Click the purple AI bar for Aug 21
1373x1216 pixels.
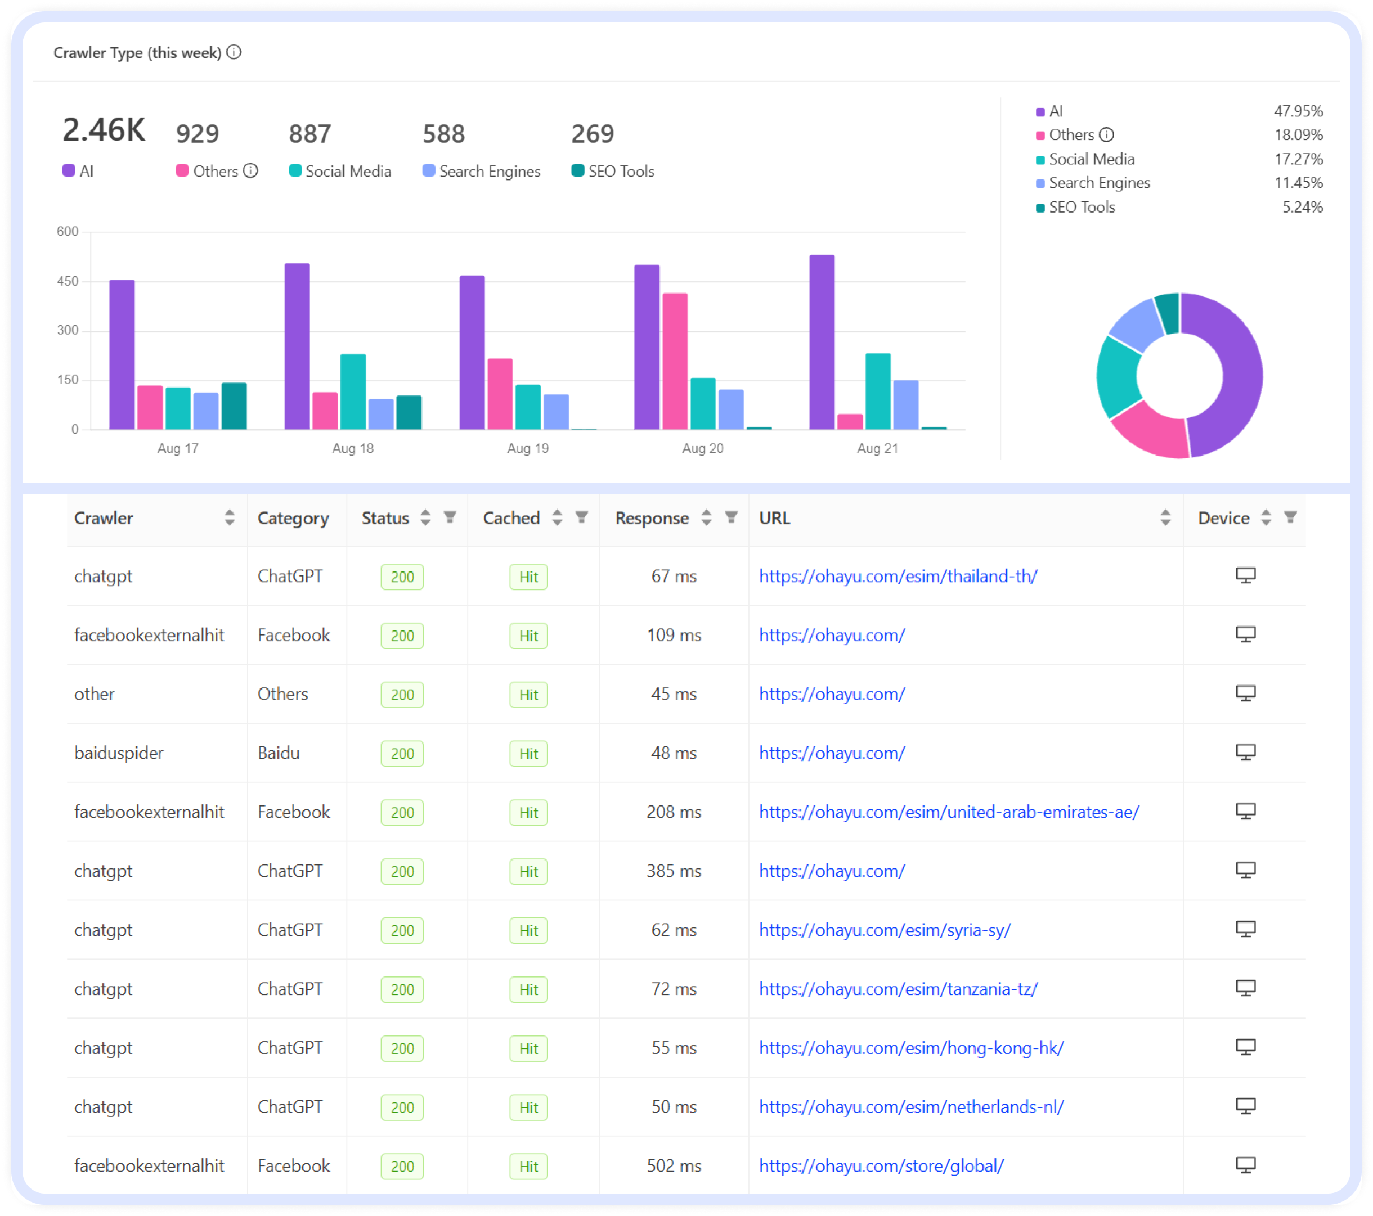click(x=822, y=343)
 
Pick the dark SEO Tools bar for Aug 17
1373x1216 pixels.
click(x=234, y=406)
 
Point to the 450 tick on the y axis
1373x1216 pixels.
click(x=68, y=281)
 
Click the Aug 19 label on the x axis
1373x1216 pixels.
click(x=527, y=448)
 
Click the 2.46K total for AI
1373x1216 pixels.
click(x=104, y=130)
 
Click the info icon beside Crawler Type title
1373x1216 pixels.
click(x=234, y=52)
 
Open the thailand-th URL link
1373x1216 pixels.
click(x=898, y=576)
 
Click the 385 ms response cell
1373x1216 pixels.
click(x=673, y=871)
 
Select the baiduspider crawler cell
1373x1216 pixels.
click(x=119, y=753)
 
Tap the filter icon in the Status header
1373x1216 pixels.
click(x=450, y=517)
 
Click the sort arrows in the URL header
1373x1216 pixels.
click(x=1165, y=517)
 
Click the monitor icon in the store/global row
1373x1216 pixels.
click(x=1245, y=1165)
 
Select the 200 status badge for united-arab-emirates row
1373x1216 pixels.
click(x=402, y=813)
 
